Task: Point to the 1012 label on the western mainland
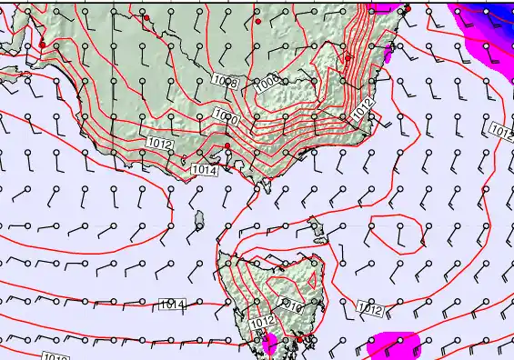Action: click(x=158, y=144)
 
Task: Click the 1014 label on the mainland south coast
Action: click(x=204, y=169)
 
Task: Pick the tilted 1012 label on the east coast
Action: click(x=363, y=108)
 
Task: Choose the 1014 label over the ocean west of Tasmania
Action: click(x=171, y=304)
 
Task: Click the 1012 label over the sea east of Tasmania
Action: click(x=369, y=310)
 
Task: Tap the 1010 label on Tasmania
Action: click(x=293, y=306)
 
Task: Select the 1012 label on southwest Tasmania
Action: click(x=261, y=322)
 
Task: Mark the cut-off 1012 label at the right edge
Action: click(x=501, y=131)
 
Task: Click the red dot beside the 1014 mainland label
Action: click(x=227, y=145)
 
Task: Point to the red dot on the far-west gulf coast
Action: click(x=42, y=45)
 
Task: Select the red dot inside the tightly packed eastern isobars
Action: click(x=348, y=58)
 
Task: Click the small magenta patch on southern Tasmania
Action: click(x=270, y=343)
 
